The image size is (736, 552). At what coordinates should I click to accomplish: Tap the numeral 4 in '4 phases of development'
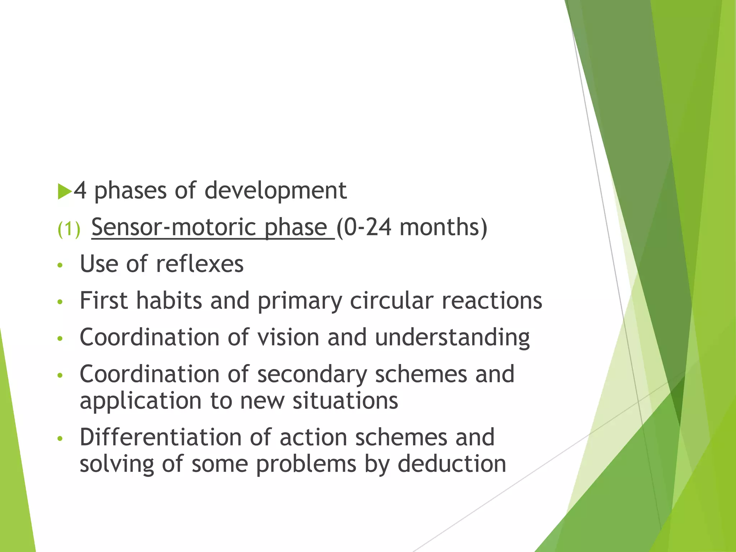point(80,190)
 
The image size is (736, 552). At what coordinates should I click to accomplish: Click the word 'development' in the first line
point(275,190)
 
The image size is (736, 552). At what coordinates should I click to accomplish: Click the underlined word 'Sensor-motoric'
point(174,227)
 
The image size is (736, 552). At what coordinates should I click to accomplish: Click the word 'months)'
point(443,227)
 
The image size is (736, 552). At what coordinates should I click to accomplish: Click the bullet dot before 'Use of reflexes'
point(60,266)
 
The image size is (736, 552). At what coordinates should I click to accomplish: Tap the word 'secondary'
point(312,375)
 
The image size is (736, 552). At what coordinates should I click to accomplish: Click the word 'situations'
point(345,401)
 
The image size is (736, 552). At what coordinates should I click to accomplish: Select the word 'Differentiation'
point(161,438)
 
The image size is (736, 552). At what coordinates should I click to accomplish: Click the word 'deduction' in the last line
point(452,464)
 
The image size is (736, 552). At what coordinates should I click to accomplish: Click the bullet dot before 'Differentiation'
point(60,439)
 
